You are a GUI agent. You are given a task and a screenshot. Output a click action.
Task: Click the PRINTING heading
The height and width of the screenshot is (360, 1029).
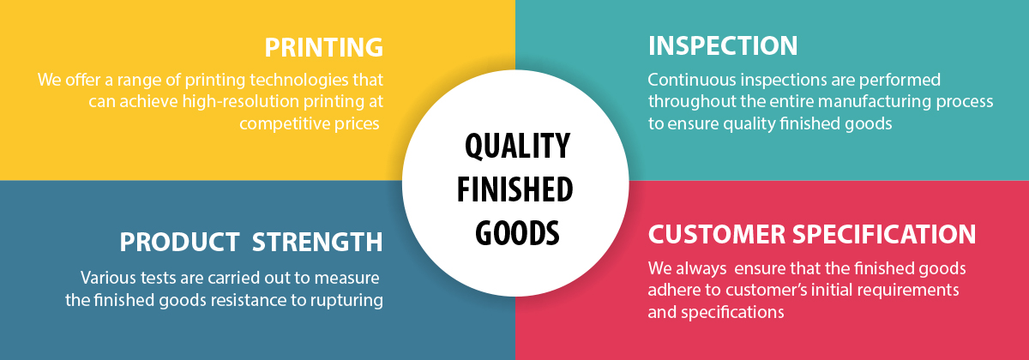(324, 47)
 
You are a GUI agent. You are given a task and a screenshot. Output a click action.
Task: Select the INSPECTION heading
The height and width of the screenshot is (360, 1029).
(723, 45)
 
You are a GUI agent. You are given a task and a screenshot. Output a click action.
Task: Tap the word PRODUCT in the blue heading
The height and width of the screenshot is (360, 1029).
(179, 242)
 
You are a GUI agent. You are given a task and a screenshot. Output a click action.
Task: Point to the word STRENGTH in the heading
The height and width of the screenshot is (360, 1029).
(317, 242)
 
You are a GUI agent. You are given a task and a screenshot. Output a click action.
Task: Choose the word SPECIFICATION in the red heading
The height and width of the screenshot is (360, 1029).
(884, 235)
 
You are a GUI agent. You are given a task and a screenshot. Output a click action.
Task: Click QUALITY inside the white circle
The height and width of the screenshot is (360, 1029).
(517, 146)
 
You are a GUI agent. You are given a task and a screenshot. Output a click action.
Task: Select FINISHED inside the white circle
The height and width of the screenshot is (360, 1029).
(515, 189)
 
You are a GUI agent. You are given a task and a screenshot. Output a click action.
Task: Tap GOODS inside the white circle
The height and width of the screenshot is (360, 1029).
(517, 233)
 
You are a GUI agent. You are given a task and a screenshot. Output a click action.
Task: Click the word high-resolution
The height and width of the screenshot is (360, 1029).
(241, 101)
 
